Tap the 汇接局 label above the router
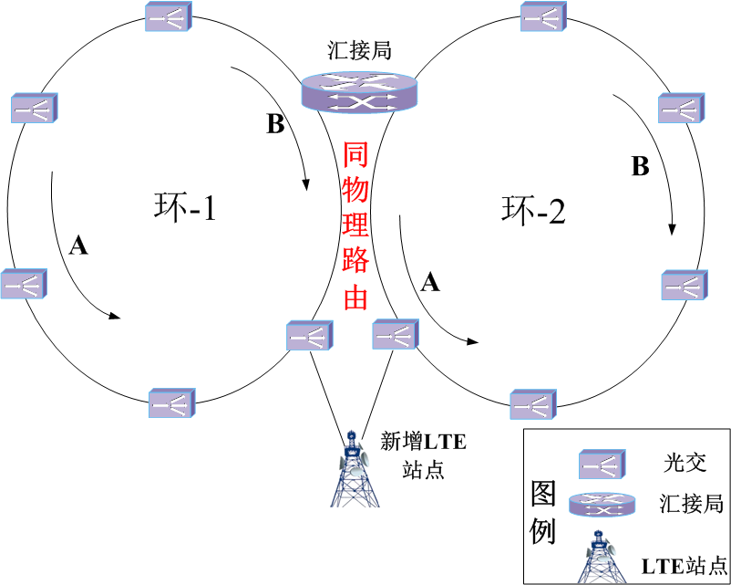pos(358,50)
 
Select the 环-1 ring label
pos(185,210)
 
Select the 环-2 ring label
pos(534,212)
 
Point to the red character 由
pos(355,298)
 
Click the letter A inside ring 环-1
pos(78,245)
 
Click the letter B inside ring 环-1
pos(275,125)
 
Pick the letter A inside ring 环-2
pos(430,284)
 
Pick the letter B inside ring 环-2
pos(641,167)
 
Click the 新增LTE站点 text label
pos(423,455)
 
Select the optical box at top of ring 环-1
pos(169,16)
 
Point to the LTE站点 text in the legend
pos(685,564)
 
